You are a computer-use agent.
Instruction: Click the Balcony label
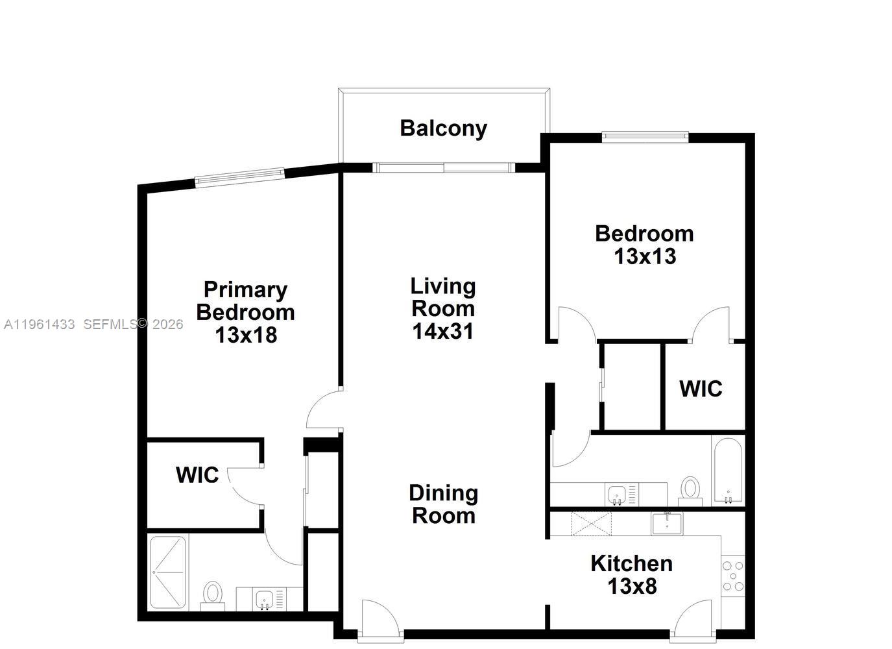[x=443, y=128]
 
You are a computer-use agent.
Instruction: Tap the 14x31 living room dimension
[x=443, y=331]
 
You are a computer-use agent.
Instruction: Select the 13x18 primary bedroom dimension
[x=246, y=335]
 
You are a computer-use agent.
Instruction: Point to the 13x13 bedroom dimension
[x=645, y=256]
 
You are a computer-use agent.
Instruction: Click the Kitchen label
[x=631, y=563]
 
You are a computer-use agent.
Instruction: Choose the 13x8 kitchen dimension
[x=632, y=586]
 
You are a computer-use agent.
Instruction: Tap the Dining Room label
[x=444, y=504]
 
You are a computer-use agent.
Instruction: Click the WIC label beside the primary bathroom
[x=197, y=474]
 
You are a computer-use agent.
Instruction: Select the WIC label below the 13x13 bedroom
[x=701, y=389]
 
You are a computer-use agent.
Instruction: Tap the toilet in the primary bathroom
[x=212, y=595]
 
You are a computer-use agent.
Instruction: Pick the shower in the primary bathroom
[x=168, y=572]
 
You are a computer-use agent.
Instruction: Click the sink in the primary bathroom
[x=265, y=598]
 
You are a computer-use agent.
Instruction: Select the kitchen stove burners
[x=733, y=576]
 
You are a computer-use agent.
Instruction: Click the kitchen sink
[x=667, y=522]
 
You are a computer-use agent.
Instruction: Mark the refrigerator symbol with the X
[x=591, y=524]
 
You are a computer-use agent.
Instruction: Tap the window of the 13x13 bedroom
[x=644, y=136]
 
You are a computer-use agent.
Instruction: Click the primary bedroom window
[x=240, y=177]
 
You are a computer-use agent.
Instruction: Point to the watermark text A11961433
[x=40, y=324]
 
